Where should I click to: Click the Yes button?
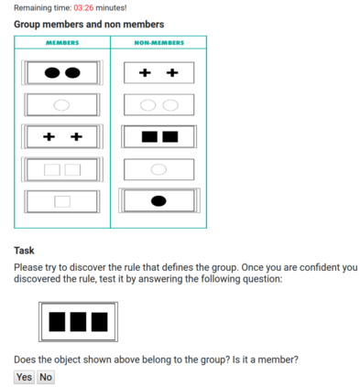24,377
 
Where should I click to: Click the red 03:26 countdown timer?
83,7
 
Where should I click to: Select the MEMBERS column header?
62,43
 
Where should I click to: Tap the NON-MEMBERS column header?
159,43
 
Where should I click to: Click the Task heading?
24,251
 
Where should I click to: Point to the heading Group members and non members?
89,24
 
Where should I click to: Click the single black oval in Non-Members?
158,201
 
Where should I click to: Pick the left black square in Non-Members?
149,136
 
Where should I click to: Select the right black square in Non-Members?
170,136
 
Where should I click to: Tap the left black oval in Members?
52,72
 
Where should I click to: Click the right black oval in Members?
72,72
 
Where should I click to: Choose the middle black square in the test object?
78,322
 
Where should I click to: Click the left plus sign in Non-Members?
145,72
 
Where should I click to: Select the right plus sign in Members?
76,136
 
